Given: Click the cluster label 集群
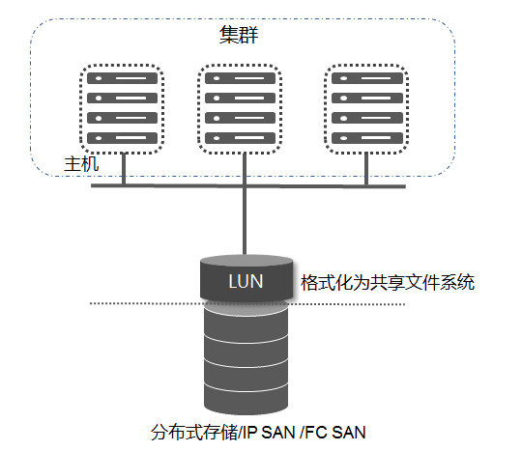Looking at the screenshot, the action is coord(239,35).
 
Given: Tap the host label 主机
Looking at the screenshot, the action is coord(81,164).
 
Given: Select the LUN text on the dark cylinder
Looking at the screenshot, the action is coord(246,281).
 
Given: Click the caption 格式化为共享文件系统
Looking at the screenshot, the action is coord(388,283).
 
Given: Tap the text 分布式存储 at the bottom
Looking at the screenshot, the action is coord(194,432).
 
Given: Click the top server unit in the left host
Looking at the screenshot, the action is coord(122,78).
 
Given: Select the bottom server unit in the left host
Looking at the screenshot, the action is coord(122,138).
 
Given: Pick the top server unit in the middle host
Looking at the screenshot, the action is coord(240,78).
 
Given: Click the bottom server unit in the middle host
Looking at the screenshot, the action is coord(240,138).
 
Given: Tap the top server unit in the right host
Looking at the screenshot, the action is coord(367,78).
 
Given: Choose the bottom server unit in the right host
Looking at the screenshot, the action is coord(367,138).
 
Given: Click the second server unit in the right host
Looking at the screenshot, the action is coord(367,99).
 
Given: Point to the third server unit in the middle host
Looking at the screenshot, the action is coord(240,118).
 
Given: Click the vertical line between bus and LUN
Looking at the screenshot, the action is coord(245,221).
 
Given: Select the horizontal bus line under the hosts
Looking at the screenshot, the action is coord(248,185).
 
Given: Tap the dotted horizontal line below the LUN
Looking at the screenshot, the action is coord(247,303).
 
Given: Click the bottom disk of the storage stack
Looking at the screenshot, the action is coord(246,398).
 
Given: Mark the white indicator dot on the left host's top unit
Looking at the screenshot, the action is coord(99,78).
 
